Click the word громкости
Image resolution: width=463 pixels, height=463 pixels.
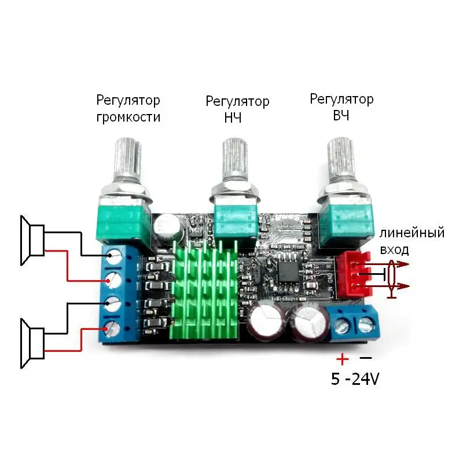pos(128,117)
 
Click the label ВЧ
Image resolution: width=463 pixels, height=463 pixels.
pos(341,116)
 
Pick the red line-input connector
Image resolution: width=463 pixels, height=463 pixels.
pos(353,274)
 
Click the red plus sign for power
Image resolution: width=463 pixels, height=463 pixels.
pos(343,359)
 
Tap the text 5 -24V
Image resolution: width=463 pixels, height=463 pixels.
pos(355,379)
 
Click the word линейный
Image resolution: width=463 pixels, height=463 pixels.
pos(412,233)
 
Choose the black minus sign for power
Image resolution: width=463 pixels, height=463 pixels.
pos(366,358)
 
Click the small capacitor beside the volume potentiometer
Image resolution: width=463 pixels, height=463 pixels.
pos(170,228)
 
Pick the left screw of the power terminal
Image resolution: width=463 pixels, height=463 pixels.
pos(342,325)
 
